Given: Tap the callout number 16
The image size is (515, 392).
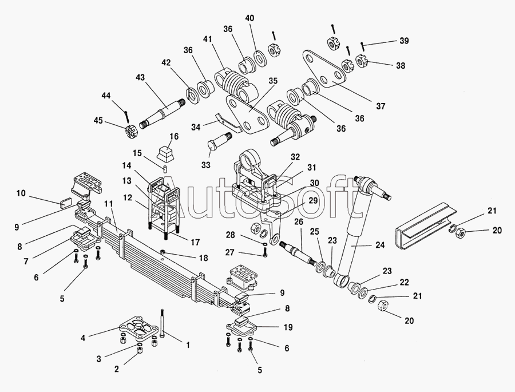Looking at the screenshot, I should [x=173, y=136].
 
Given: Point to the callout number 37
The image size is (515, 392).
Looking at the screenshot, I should [x=381, y=106].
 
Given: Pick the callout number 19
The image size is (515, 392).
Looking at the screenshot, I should [x=288, y=327].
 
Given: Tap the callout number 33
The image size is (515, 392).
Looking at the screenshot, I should [x=206, y=165].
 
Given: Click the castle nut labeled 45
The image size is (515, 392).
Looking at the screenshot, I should [x=130, y=133].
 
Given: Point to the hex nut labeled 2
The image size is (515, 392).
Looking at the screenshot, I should [x=138, y=351].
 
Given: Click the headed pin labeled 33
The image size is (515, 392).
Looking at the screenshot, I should [x=218, y=140].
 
